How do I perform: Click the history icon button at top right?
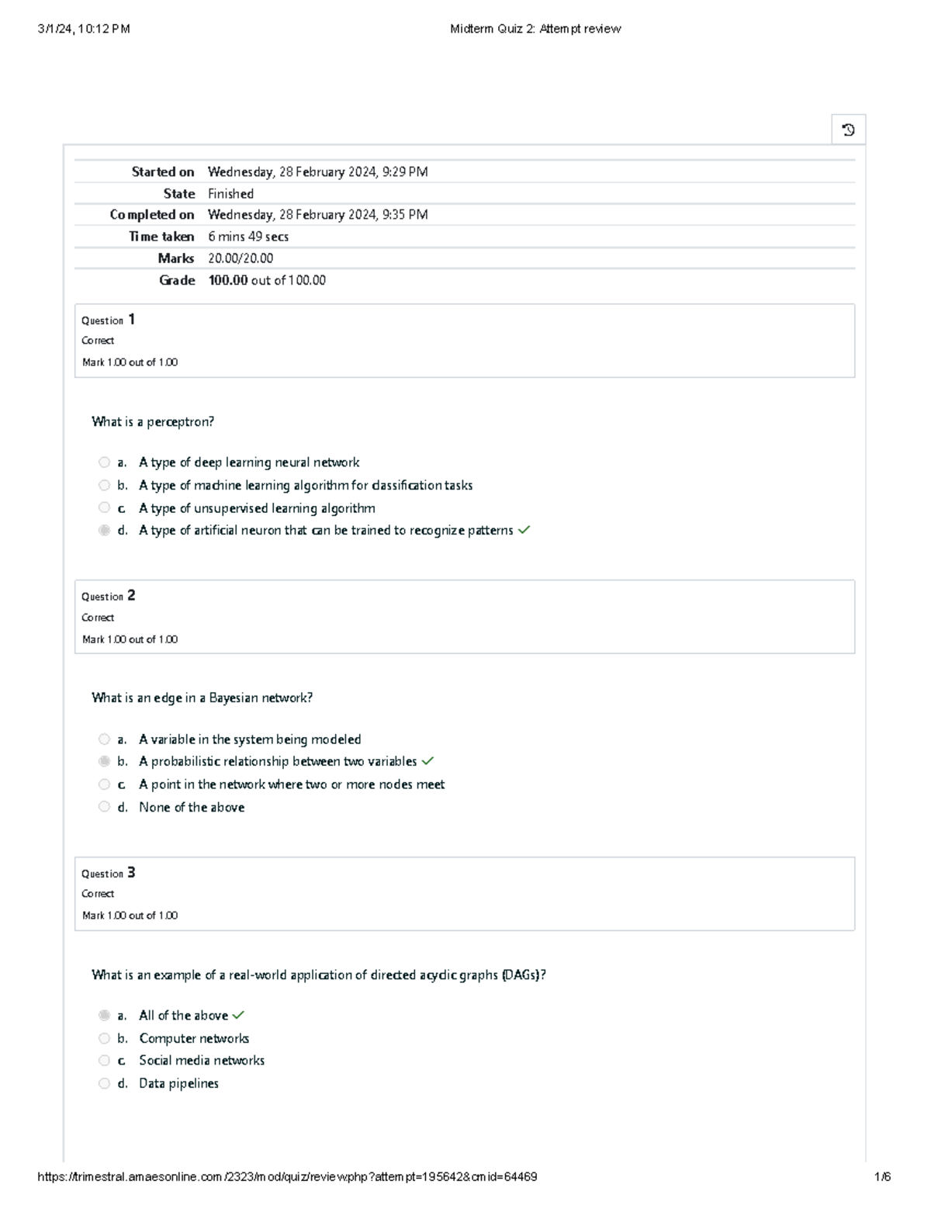848,130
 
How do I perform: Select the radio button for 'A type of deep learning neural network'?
104,462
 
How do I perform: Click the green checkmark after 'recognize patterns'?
524,531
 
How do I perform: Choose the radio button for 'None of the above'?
104,807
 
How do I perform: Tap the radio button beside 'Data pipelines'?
104,1083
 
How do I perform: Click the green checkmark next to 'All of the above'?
238,1015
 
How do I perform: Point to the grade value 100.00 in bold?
227,280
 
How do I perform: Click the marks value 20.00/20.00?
241,258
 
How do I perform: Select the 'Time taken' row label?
161,237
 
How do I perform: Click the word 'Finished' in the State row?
230,193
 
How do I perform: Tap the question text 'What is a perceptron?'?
153,422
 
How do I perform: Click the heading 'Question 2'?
109,596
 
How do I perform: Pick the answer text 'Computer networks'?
194,1038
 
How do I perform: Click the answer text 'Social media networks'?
202,1061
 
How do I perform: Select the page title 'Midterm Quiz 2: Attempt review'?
535,29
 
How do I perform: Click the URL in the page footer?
287,1176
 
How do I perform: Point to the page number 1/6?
882,1176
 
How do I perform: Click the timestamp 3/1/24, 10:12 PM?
84,29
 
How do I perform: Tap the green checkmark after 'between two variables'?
427,761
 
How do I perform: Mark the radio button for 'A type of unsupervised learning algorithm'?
104,507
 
